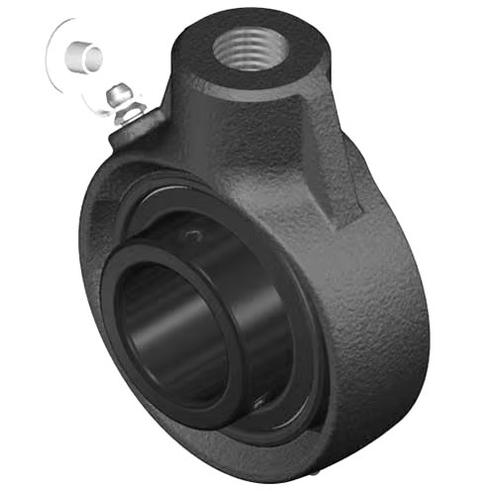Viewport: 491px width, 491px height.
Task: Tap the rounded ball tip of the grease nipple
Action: click(120, 93)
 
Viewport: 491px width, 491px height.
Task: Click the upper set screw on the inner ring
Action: click(194, 235)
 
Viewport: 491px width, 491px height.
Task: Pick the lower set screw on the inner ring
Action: click(259, 399)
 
